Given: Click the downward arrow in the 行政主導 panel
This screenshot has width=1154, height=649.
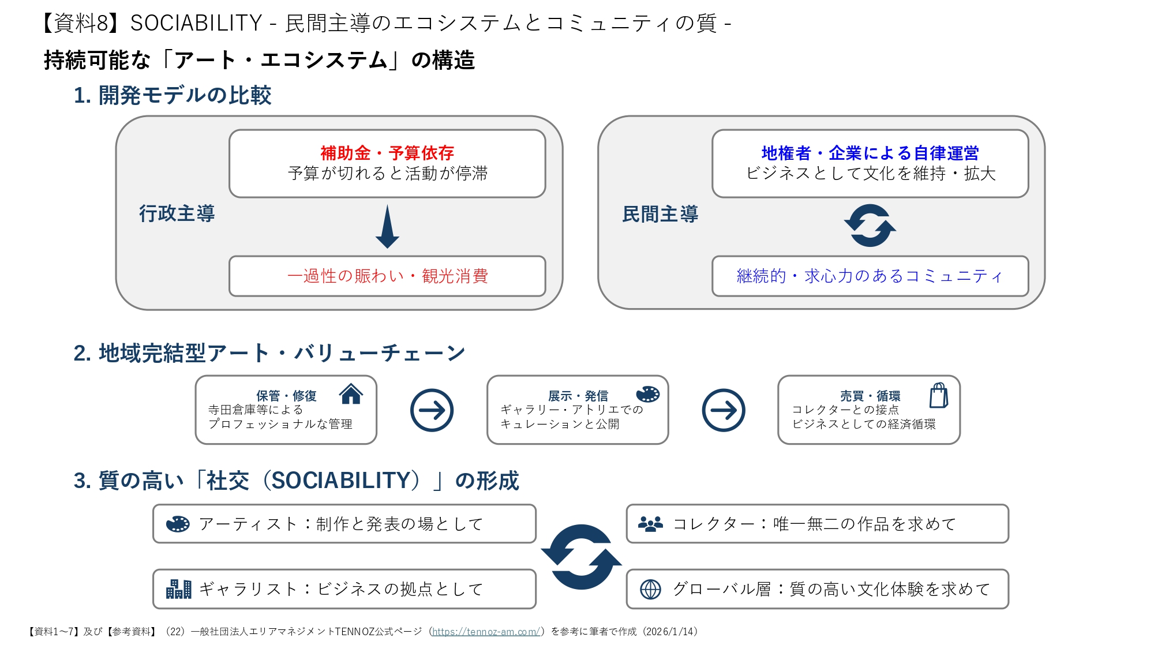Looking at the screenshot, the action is (x=387, y=227).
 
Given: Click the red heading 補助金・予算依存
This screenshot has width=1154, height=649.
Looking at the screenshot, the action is (x=387, y=153).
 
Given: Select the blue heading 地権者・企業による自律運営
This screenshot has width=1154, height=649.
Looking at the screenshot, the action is (x=870, y=153).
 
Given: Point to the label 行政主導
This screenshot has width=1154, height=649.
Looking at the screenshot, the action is (x=177, y=213).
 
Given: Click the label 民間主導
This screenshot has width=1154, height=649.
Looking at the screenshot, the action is (x=660, y=214).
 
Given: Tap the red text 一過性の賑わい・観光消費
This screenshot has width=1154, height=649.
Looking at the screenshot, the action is (x=388, y=276).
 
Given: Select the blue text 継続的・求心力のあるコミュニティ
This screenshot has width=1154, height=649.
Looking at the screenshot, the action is (x=870, y=276).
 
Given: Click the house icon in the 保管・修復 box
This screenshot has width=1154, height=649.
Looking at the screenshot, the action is (x=351, y=394).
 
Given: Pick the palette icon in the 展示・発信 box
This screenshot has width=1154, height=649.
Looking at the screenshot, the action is (x=647, y=394).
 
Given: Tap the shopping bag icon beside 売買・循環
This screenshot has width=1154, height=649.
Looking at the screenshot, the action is (x=939, y=395).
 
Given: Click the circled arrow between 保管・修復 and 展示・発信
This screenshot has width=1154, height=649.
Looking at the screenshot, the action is (x=432, y=410).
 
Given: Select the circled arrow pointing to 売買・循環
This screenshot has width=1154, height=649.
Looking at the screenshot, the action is (x=724, y=410).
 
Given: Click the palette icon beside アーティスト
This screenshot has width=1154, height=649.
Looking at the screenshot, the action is (x=178, y=524).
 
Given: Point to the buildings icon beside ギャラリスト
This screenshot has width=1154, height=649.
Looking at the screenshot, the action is (x=178, y=589).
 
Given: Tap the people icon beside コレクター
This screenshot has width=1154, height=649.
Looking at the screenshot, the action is (x=650, y=524).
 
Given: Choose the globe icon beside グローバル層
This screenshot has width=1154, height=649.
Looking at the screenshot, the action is (x=650, y=589).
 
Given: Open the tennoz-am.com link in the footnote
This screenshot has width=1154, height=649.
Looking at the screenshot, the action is (x=486, y=632).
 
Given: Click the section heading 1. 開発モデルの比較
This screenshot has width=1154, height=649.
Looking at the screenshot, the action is (x=173, y=95).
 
